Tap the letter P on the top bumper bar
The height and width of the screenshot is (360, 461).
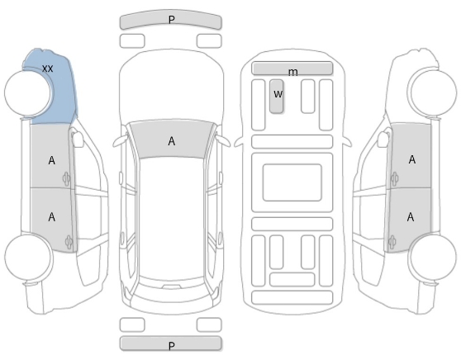click(171, 20)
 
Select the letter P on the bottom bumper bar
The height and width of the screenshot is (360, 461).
click(172, 346)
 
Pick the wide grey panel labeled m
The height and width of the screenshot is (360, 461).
click(292, 69)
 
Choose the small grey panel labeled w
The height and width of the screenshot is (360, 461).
click(277, 96)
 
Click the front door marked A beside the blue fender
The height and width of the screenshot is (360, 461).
click(52, 156)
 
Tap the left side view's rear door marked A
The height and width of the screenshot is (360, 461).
click(52, 219)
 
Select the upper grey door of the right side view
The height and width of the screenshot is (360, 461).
click(411, 156)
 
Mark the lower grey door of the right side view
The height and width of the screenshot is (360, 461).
click(409, 220)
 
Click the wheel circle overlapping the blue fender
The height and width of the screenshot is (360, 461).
click(27, 92)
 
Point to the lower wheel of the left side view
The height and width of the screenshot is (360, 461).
click(28, 257)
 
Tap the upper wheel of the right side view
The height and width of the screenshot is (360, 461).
click(434, 92)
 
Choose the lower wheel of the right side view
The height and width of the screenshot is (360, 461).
click(433, 257)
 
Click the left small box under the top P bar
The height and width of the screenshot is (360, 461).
click(132, 40)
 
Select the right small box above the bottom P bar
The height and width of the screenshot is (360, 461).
click(209, 324)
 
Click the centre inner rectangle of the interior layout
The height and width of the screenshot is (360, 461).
click(292, 182)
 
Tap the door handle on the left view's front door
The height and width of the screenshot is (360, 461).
click(66, 178)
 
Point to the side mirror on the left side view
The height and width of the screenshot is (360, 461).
click(77, 139)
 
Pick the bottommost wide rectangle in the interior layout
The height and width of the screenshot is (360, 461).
click(292, 297)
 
